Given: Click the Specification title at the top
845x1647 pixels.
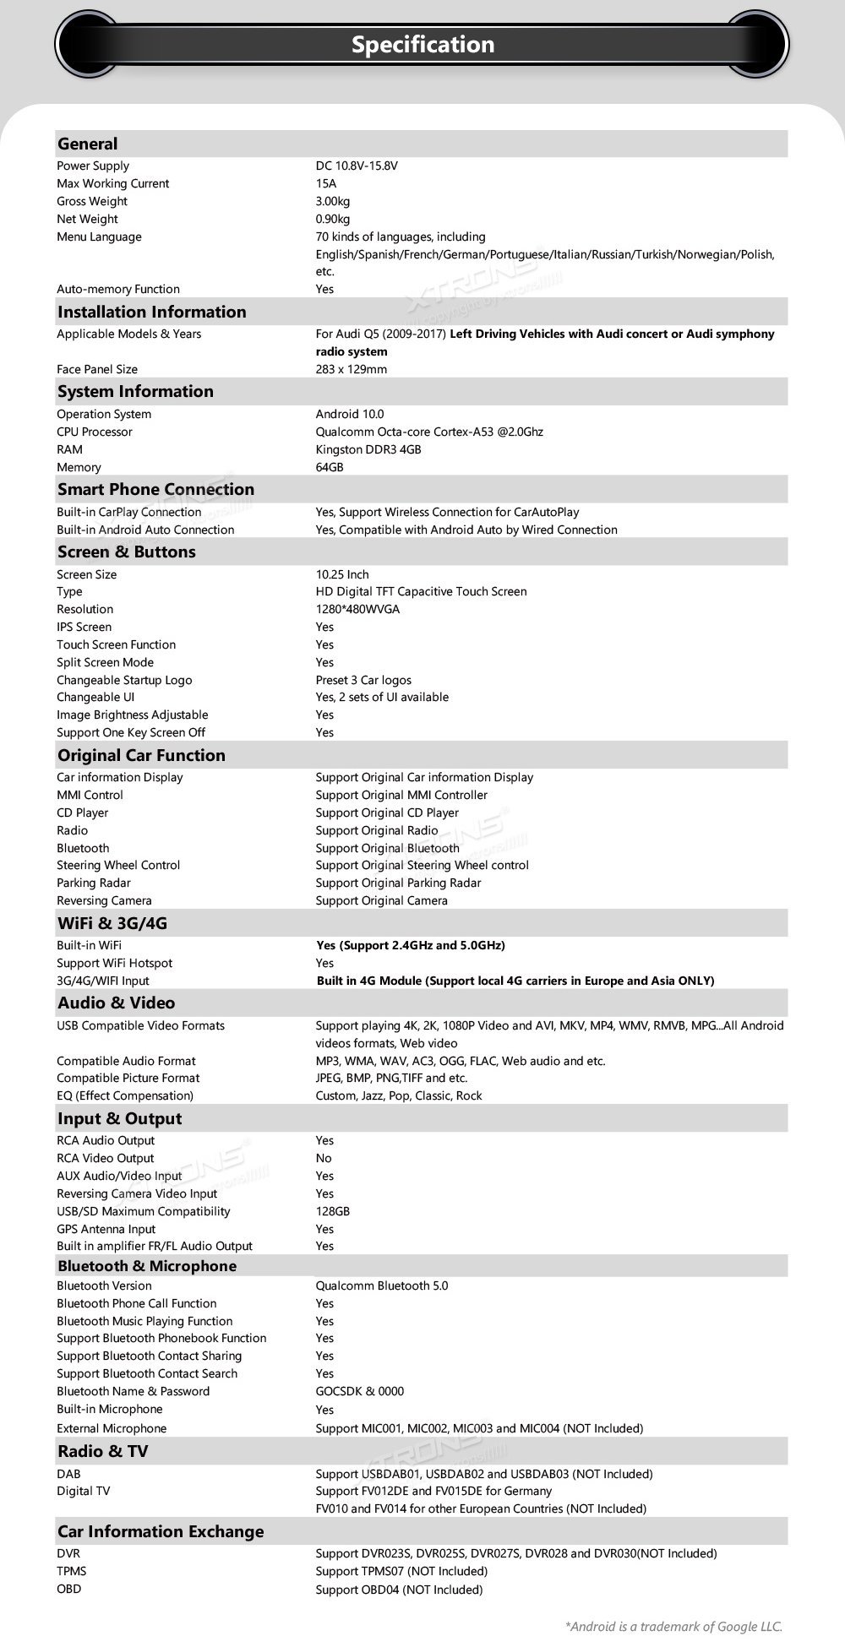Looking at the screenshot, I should [x=422, y=45].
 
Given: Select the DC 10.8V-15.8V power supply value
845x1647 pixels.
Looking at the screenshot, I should [x=357, y=166].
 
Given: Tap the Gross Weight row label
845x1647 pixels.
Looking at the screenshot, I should [x=92, y=201].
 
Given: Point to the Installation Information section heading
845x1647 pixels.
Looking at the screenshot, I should [x=152, y=312].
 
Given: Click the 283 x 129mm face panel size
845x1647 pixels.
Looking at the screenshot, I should [x=352, y=369].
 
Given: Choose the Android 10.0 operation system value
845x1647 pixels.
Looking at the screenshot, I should [x=350, y=414].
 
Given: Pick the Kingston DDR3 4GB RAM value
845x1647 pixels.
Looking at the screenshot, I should [x=368, y=449].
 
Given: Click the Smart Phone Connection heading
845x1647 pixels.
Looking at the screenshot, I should [x=155, y=489].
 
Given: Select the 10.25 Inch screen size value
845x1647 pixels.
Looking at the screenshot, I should [x=342, y=574].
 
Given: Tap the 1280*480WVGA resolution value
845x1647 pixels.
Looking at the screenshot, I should [x=357, y=609].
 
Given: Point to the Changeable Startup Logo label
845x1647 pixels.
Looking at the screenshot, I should [x=124, y=680].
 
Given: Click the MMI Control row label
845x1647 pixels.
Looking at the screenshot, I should [x=90, y=795].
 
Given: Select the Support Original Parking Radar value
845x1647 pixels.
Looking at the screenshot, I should [x=398, y=883].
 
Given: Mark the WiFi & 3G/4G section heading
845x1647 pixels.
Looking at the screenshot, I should [x=112, y=923].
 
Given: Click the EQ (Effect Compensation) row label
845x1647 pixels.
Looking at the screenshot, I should [x=125, y=1095].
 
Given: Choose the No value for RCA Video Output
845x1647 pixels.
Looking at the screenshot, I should [x=324, y=1158].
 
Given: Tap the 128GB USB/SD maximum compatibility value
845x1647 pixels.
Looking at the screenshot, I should [x=333, y=1211].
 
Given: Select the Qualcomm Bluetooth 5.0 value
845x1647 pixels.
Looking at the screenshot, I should [x=382, y=1286].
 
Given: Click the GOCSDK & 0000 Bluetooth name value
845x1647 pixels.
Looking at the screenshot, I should [x=360, y=1391].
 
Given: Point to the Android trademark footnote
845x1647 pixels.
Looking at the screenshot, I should [x=673, y=1626].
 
